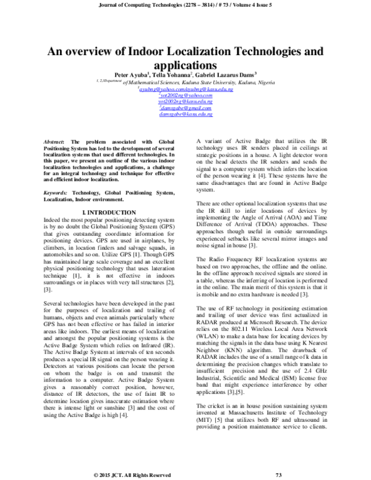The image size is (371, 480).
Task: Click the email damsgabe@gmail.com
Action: [186, 108]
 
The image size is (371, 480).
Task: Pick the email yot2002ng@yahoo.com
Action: [186, 95]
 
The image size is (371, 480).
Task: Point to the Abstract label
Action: [58, 142]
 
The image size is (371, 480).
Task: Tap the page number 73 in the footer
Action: [278, 474]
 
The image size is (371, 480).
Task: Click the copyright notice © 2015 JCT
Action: [132, 474]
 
